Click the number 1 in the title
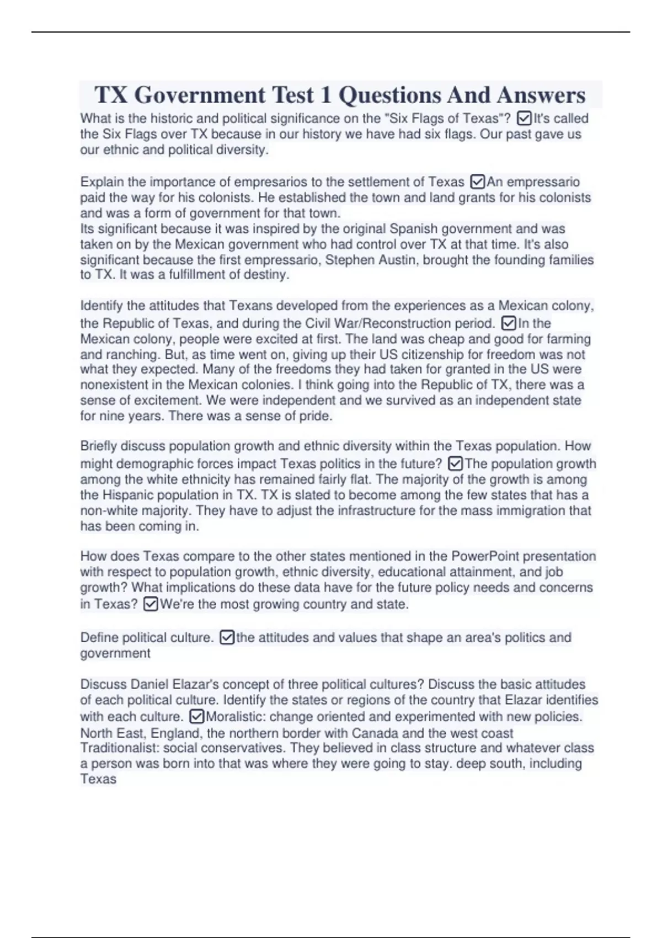coord(326,95)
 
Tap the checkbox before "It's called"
coord(525,118)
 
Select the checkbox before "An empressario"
coord(477,182)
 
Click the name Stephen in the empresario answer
coord(350,260)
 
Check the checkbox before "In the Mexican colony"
coord(509,323)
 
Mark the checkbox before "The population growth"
coord(455,463)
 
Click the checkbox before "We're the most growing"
coord(150,604)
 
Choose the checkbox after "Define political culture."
coord(227,638)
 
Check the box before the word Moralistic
coord(196,717)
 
